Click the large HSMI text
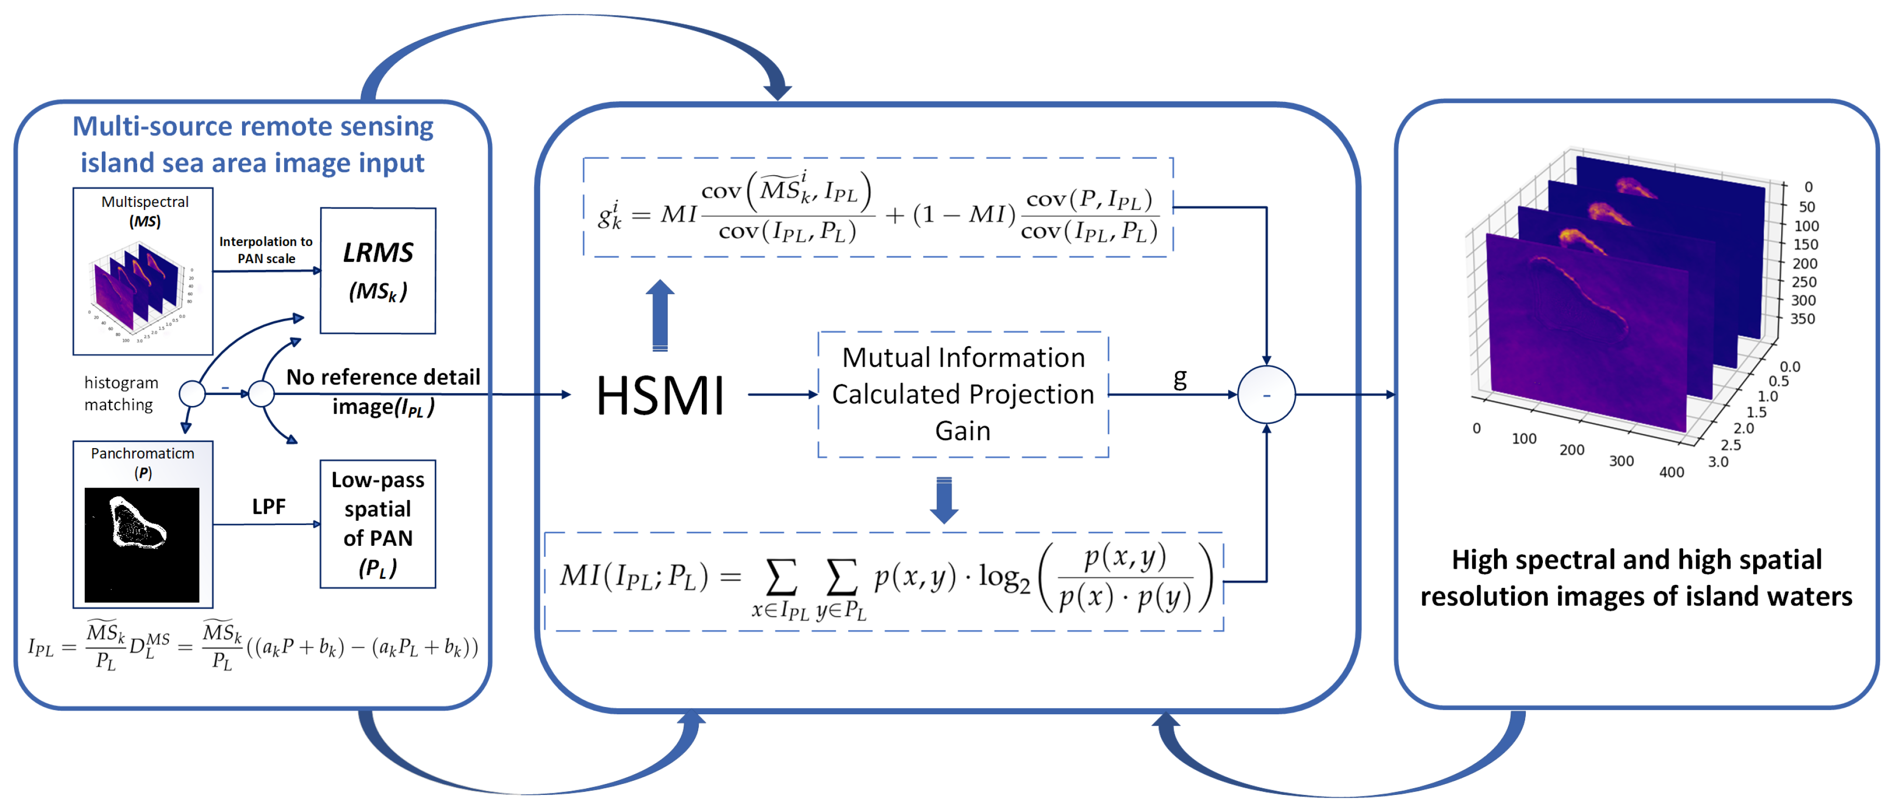[x=659, y=396]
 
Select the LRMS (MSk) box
[x=378, y=270]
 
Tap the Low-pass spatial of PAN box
[x=378, y=524]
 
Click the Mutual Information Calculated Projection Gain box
[x=963, y=394]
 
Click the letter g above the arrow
[x=1179, y=378]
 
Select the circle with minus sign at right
[x=1266, y=395]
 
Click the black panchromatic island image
[x=142, y=545]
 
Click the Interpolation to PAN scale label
[x=266, y=250]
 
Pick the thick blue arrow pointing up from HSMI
[x=660, y=315]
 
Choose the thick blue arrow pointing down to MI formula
[x=944, y=500]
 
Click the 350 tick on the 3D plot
[x=1803, y=318]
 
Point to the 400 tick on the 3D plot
[x=1671, y=472]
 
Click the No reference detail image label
[x=383, y=391]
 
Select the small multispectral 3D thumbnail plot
[x=140, y=291]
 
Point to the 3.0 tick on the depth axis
[x=1718, y=462]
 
